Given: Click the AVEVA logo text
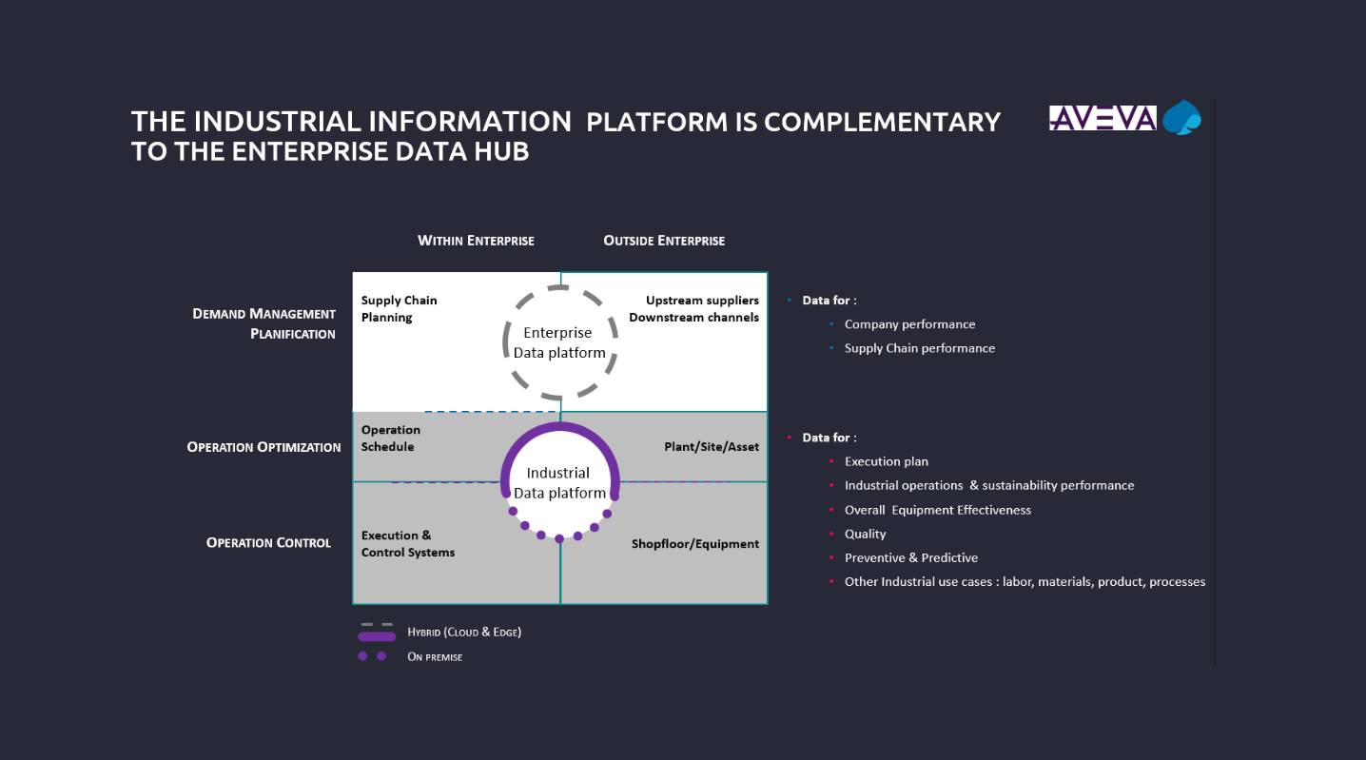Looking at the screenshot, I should pos(1103,118).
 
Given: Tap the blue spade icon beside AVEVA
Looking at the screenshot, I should pos(1183,118).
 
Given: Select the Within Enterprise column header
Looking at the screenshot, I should pos(476,241).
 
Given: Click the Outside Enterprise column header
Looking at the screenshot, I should pos(664,241).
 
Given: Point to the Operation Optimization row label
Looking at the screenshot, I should pos(263,447).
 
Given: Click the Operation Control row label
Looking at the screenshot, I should pos(268,543).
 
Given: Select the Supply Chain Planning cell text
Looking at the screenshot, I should pos(399,308).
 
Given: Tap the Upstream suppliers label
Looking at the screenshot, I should pos(702,301).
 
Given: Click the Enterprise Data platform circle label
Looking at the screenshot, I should pos(558,342).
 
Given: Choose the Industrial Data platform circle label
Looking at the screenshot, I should pos(558,482).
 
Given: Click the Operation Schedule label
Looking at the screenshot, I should pos(390,438).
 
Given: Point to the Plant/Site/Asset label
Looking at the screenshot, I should pos(711,447).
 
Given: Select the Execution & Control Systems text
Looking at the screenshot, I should pos(407,543).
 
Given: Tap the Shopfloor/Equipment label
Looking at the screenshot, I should pos(694,544).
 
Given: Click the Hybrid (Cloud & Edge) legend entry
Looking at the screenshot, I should pos(463,632).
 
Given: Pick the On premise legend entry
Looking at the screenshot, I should pos(435,656).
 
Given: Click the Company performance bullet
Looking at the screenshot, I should pos(909,324).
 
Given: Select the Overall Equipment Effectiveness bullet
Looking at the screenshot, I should pos(937,510).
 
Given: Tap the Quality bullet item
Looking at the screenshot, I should pos(865,534).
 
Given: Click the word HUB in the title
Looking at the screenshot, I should pos(499,150).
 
